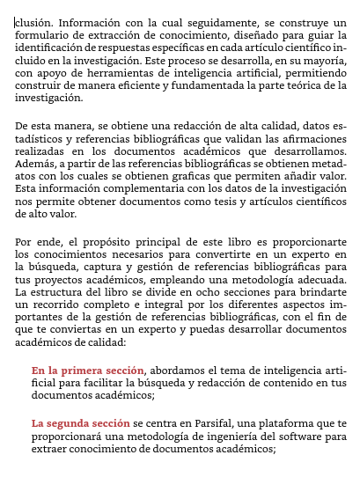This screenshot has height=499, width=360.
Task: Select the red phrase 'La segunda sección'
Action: (81, 423)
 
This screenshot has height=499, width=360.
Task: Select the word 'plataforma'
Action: (274, 423)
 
